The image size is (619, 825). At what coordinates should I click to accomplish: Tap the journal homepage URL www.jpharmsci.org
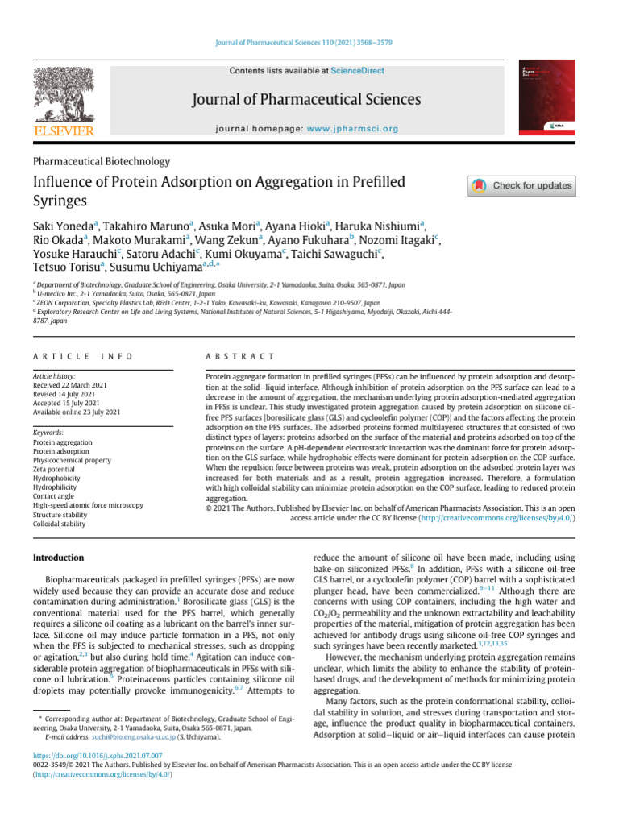352,129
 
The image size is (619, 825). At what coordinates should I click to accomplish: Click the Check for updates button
521,185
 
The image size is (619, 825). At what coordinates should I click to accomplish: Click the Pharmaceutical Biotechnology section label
101,161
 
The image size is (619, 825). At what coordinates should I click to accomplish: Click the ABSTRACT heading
241,356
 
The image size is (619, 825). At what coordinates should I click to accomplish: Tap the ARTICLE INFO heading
83,356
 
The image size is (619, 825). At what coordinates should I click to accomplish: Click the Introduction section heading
58,558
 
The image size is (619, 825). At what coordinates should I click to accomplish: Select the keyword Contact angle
54,495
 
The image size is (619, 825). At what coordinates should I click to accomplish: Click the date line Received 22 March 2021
70,385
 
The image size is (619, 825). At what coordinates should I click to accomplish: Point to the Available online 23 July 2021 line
77,412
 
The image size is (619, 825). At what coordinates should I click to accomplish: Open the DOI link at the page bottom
98,756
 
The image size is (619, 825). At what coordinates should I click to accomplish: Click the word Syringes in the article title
59,201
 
